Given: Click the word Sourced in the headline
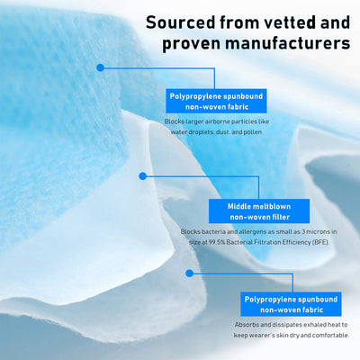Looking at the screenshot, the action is point(181,22).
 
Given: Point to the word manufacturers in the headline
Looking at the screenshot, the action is point(287,43).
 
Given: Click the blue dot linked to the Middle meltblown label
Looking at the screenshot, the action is point(143,176).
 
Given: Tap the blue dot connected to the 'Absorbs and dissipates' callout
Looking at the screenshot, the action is point(189,273).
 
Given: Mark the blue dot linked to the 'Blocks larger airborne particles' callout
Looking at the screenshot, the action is point(101,67).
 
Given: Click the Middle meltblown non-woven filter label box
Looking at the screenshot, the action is point(259,211).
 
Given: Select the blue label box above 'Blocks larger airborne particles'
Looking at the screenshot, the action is point(216,101).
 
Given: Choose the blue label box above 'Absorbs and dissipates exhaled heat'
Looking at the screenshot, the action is point(291,304).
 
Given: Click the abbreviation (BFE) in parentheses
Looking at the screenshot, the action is point(320,242).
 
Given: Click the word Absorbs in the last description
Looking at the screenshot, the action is point(246,325).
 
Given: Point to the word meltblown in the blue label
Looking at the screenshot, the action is point(272,206).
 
